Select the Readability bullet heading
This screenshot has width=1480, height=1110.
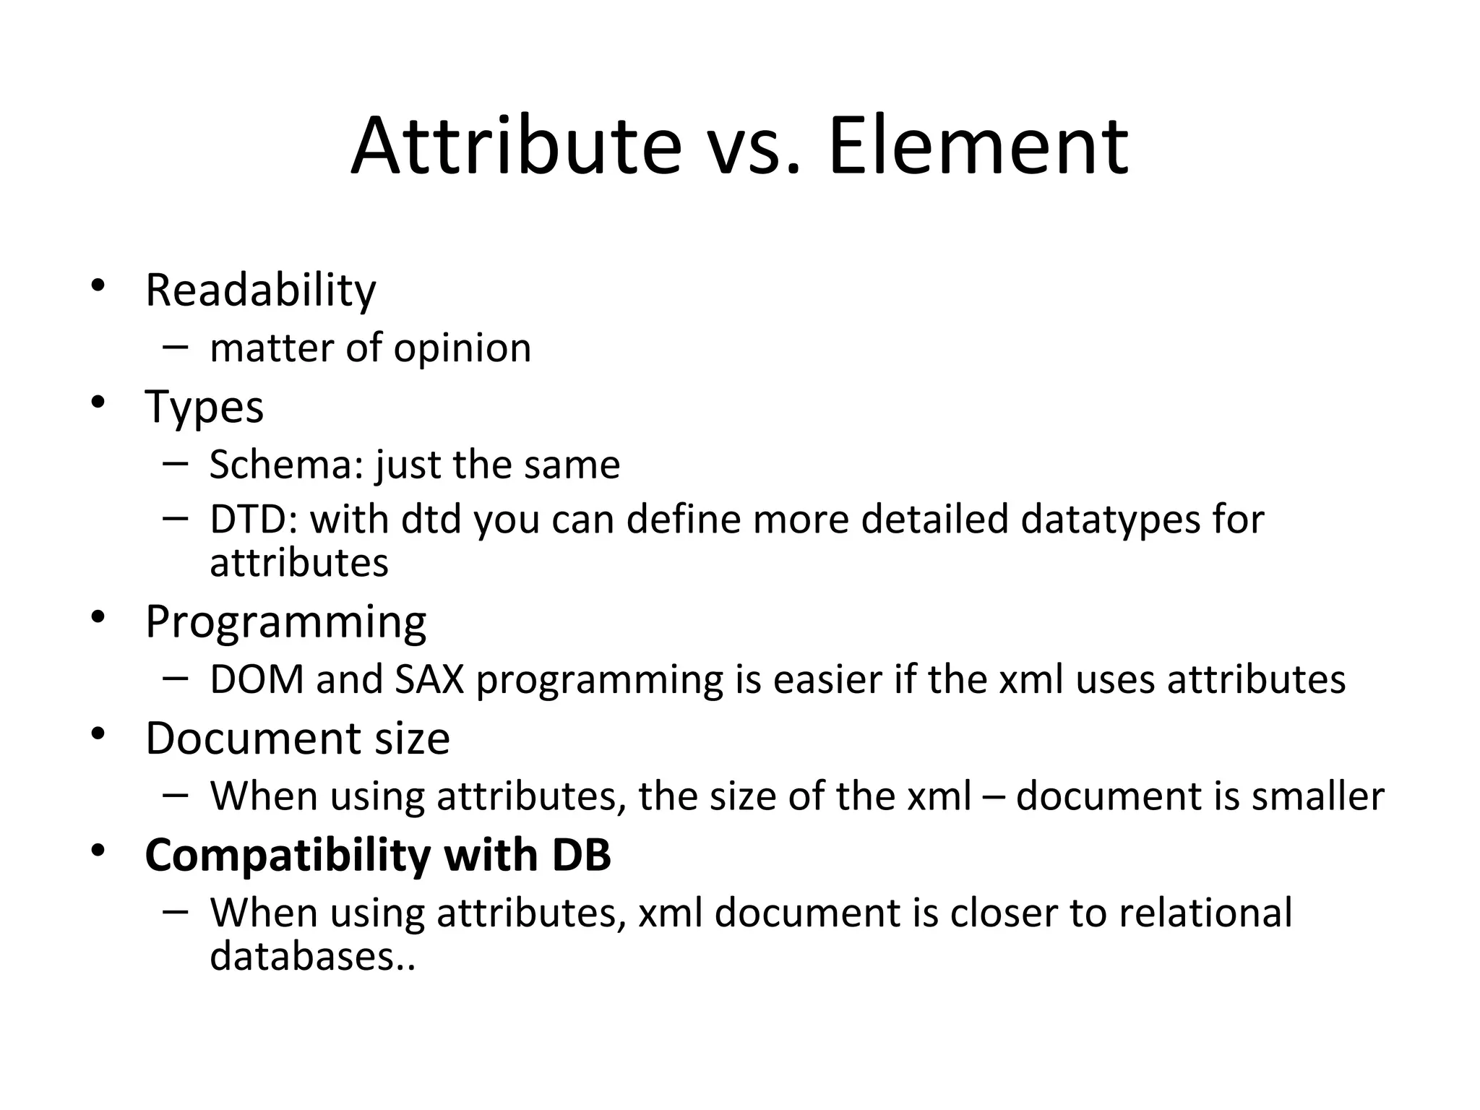[x=260, y=291]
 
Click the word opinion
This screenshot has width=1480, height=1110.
[x=462, y=349]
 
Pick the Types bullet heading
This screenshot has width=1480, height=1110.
[x=205, y=408]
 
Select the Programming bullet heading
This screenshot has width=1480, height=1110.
[x=285, y=622]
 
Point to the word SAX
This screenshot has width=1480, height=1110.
[x=429, y=679]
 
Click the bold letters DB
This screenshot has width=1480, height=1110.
[x=581, y=855]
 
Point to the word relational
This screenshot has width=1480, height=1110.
[x=1205, y=913]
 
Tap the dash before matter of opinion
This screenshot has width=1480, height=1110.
[x=175, y=347]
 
